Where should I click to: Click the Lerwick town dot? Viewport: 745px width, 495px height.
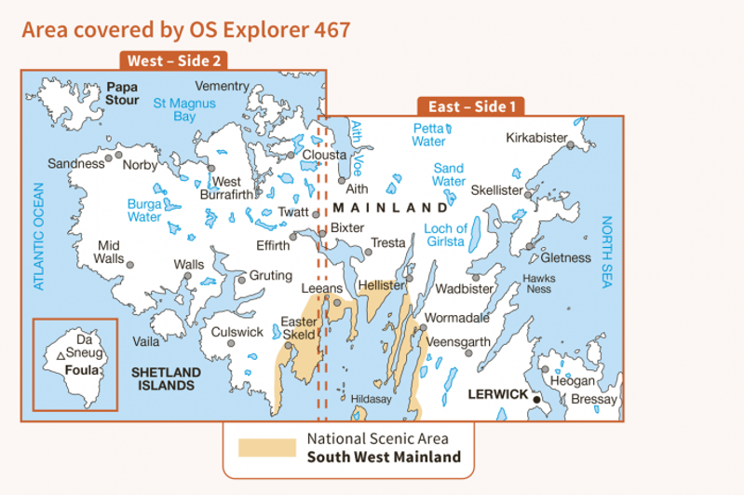click(x=537, y=400)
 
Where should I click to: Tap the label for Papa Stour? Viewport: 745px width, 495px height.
click(x=122, y=94)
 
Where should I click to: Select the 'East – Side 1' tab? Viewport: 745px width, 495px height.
click(x=472, y=107)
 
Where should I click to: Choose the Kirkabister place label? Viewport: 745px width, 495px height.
click(x=536, y=138)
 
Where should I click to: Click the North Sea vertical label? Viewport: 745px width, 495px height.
click(x=607, y=252)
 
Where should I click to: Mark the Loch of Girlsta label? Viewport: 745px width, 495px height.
click(x=445, y=235)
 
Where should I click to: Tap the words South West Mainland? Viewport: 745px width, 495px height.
click(x=384, y=457)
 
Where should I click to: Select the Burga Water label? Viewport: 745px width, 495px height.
click(x=144, y=210)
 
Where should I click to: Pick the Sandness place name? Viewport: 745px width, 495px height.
click(x=74, y=163)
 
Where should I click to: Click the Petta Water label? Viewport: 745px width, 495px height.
click(x=429, y=135)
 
